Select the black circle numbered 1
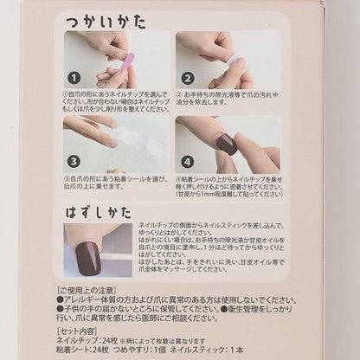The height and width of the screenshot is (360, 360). click(74, 76)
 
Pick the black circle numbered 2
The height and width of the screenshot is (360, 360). click(187, 77)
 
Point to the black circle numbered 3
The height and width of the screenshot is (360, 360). click(74, 161)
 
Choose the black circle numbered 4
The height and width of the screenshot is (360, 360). click(187, 161)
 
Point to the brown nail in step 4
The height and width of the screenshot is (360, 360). click(226, 143)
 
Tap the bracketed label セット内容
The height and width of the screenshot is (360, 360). click(82, 330)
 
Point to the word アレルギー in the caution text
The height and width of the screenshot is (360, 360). click(89, 299)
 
